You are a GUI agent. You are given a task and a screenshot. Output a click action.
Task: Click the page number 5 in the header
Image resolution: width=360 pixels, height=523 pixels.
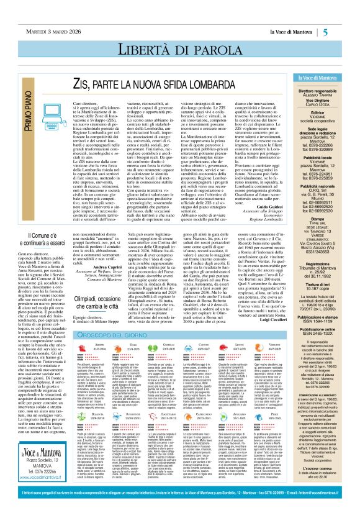tap(343, 14)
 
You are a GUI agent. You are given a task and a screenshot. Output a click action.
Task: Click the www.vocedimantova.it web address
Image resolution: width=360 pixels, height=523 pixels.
tap(30, 498)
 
